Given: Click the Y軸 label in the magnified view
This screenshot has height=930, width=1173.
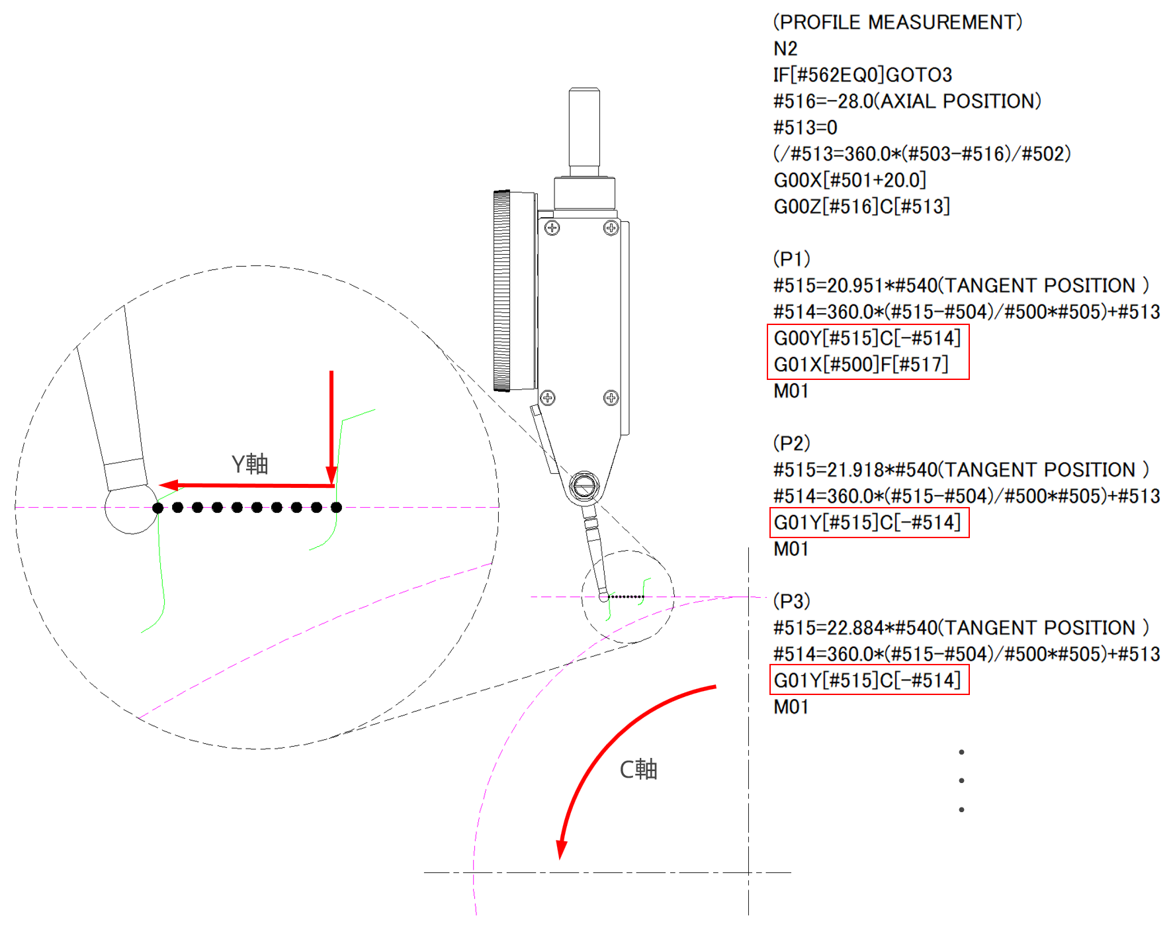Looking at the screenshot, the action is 249,464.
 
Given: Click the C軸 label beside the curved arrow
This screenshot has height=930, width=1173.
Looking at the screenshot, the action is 638,769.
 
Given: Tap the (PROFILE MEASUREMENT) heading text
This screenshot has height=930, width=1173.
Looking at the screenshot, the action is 898,22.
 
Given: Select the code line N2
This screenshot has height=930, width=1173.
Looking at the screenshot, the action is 785,48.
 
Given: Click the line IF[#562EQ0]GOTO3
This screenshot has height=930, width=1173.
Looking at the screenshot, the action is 863,75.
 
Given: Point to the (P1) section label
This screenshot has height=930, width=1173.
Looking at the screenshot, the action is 792,259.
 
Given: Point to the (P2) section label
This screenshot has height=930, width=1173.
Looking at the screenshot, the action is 792,443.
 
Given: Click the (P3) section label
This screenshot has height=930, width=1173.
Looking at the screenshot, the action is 792,601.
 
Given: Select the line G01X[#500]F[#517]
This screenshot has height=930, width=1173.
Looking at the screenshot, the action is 861,364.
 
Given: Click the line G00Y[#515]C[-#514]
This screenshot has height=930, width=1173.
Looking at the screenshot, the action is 867,338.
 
